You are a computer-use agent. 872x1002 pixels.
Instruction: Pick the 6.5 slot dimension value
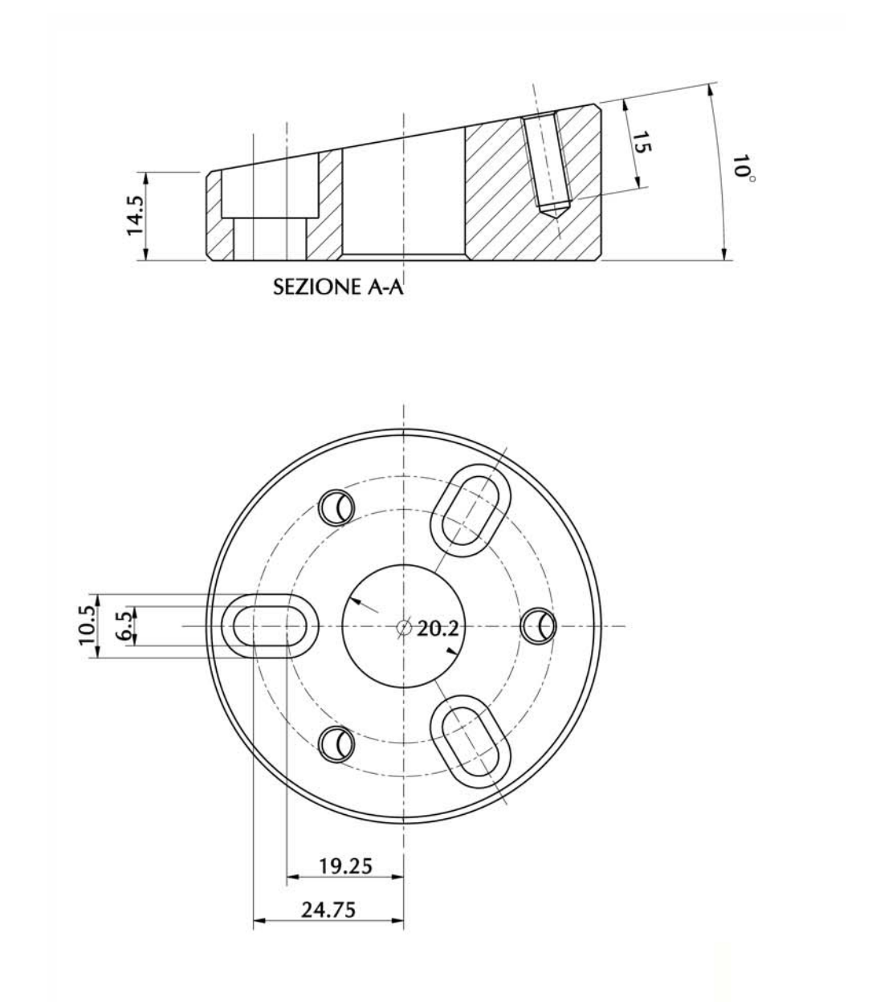(123, 625)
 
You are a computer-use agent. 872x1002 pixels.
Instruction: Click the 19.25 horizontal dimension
(345, 866)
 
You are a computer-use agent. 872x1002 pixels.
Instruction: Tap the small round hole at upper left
(336, 506)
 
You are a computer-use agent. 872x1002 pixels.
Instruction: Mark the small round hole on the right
(536, 626)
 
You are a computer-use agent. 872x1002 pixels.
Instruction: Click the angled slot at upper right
(471, 506)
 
